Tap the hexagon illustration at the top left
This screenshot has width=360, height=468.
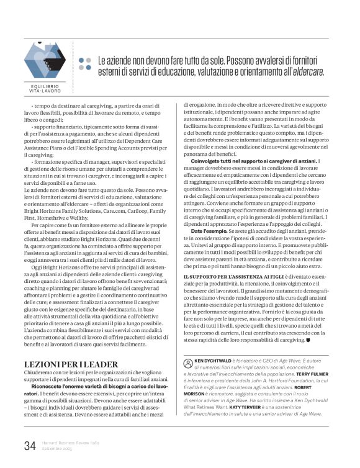pyautogui.click(x=45, y=57)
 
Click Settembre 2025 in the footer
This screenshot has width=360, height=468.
pyautogui.click(x=56, y=448)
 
